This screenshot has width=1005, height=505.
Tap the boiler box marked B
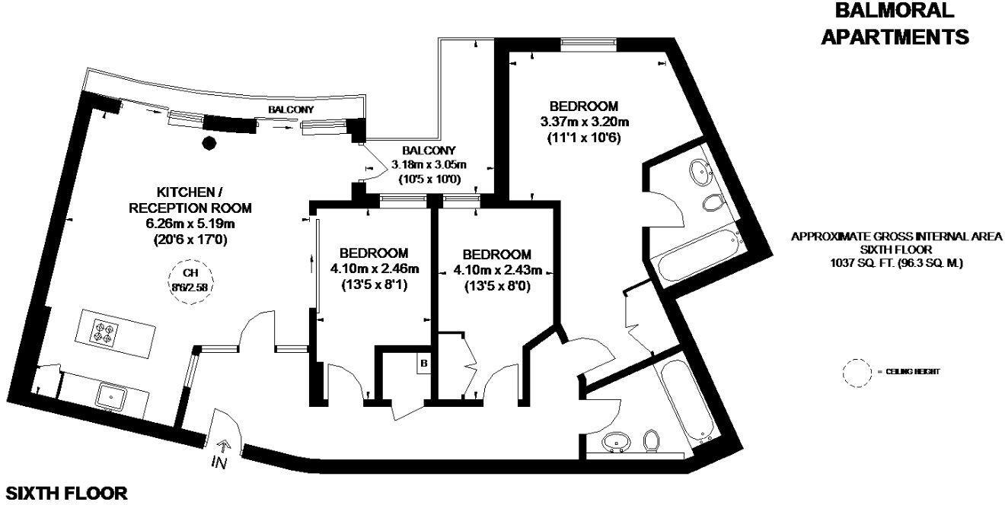(423, 364)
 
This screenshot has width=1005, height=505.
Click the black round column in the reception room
(208, 141)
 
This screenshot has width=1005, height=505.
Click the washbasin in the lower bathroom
(614, 442)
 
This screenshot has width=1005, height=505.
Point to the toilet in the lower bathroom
(652, 440)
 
